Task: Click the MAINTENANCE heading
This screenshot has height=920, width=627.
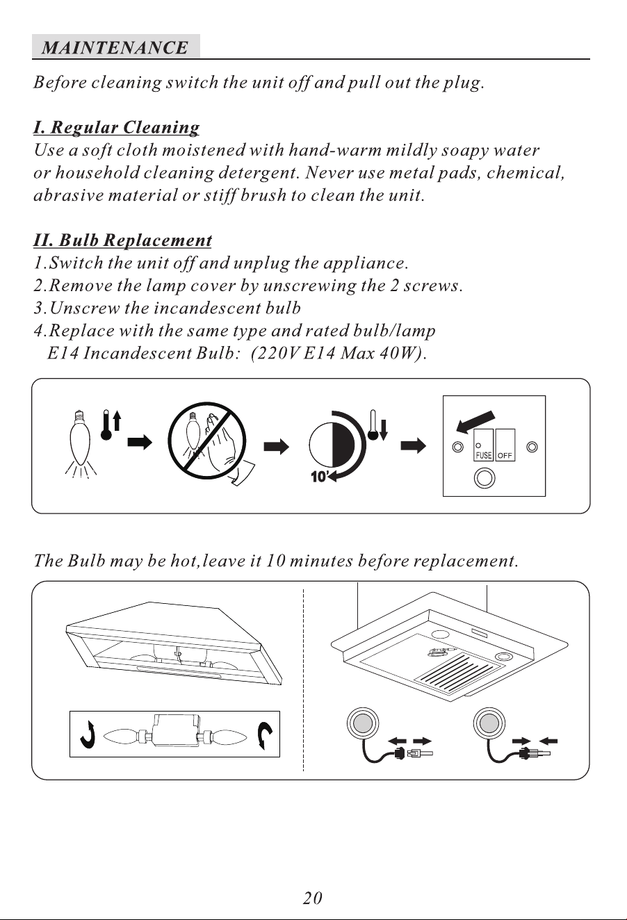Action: (x=115, y=47)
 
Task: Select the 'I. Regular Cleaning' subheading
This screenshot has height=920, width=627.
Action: (x=116, y=127)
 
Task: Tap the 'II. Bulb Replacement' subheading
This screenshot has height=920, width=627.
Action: (x=122, y=240)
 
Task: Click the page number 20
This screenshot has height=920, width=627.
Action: (x=313, y=898)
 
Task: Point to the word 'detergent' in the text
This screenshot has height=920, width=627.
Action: (x=256, y=173)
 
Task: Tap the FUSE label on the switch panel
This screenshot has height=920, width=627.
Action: (x=483, y=455)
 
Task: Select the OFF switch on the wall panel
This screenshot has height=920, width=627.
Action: (x=505, y=445)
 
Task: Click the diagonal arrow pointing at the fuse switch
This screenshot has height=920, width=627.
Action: (x=475, y=422)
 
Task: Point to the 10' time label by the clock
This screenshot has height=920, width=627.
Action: (x=319, y=477)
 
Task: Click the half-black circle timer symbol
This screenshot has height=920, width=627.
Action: (x=332, y=445)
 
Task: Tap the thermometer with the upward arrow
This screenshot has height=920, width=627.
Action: (x=111, y=425)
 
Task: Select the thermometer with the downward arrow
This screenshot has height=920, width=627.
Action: (x=378, y=425)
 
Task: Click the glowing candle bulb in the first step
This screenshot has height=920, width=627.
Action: (x=81, y=443)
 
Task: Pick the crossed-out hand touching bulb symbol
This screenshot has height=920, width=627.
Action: (x=207, y=441)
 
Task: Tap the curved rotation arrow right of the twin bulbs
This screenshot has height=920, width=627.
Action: (x=265, y=736)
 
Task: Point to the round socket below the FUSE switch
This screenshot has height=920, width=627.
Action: (x=484, y=478)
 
